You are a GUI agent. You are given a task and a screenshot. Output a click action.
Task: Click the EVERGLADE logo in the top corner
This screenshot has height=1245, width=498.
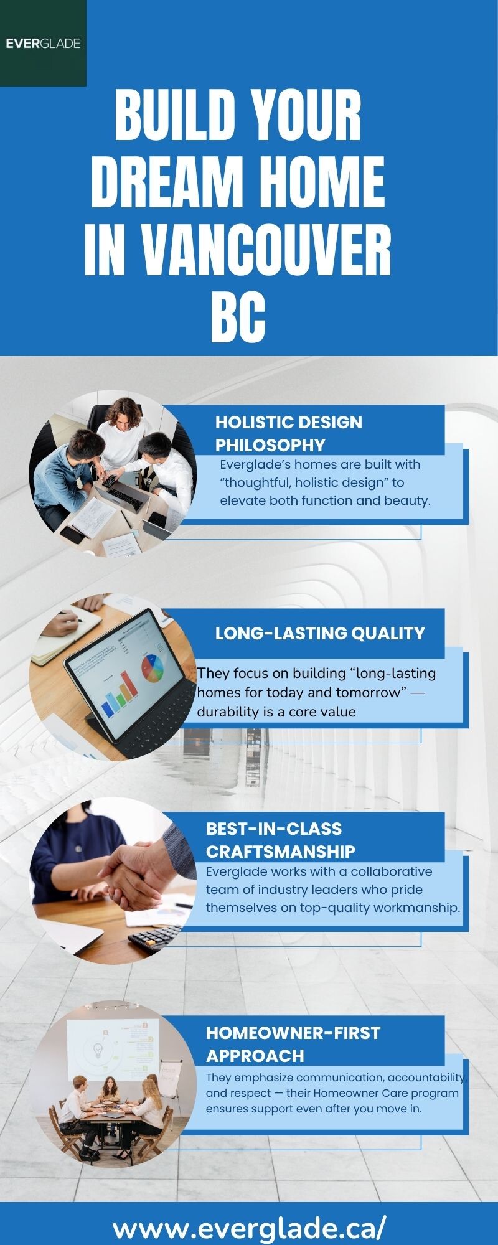43,43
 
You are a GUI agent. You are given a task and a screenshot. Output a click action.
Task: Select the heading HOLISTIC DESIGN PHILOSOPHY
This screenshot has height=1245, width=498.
289,433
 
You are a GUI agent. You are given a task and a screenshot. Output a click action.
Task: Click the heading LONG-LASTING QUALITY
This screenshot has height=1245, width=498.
320,633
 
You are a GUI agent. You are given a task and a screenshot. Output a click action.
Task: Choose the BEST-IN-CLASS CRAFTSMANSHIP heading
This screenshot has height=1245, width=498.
281,840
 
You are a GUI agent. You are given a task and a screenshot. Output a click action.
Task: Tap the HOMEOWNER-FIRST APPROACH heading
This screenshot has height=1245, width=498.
293,1044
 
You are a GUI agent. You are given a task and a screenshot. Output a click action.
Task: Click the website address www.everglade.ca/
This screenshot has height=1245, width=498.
250,1228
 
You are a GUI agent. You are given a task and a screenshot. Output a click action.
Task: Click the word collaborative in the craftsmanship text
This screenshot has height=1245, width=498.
392,872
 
